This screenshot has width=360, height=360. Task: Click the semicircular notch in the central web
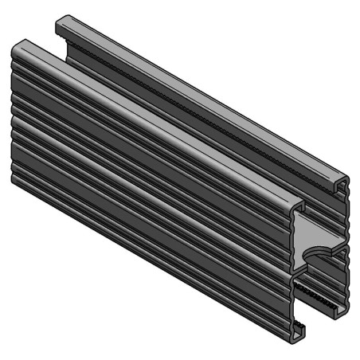[323, 252]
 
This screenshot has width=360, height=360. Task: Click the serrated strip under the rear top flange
[199, 112]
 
